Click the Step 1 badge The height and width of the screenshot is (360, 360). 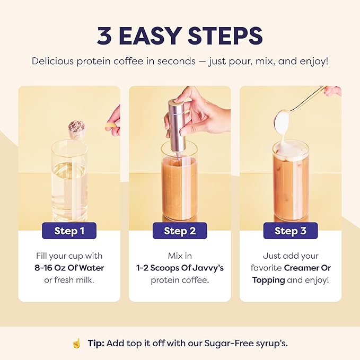tap(69, 231)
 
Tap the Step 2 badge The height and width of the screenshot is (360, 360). tap(180, 231)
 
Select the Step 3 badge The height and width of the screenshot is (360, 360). tap(290, 231)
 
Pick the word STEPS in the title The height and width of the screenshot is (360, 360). tap(227, 35)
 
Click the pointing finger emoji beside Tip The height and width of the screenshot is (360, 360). tap(76, 343)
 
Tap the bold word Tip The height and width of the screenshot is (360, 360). tap(95, 343)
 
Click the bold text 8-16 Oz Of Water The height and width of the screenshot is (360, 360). tap(69, 268)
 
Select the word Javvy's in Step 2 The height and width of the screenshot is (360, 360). tap(206, 268)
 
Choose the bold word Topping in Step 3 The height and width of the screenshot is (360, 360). tap(268, 280)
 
